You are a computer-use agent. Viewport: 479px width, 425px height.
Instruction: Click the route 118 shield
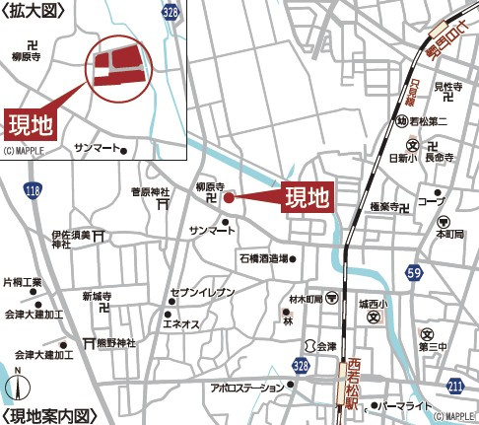tap(34, 189)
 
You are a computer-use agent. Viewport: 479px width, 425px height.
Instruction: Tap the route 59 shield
tap(415, 271)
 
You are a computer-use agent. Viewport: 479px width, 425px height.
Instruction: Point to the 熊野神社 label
tap(115, 343)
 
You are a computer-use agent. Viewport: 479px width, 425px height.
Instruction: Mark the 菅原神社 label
tap(151, 191)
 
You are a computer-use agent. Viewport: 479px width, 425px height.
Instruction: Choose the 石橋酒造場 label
tap(262, 258)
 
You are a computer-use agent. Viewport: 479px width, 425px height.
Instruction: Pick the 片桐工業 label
tap(22, 282)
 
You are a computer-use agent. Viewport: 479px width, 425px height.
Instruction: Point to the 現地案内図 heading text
tap(53, 415)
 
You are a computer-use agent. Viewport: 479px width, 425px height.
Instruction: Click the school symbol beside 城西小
tap(374, 319)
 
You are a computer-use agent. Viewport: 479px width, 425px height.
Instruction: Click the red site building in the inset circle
tap(117, 67)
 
